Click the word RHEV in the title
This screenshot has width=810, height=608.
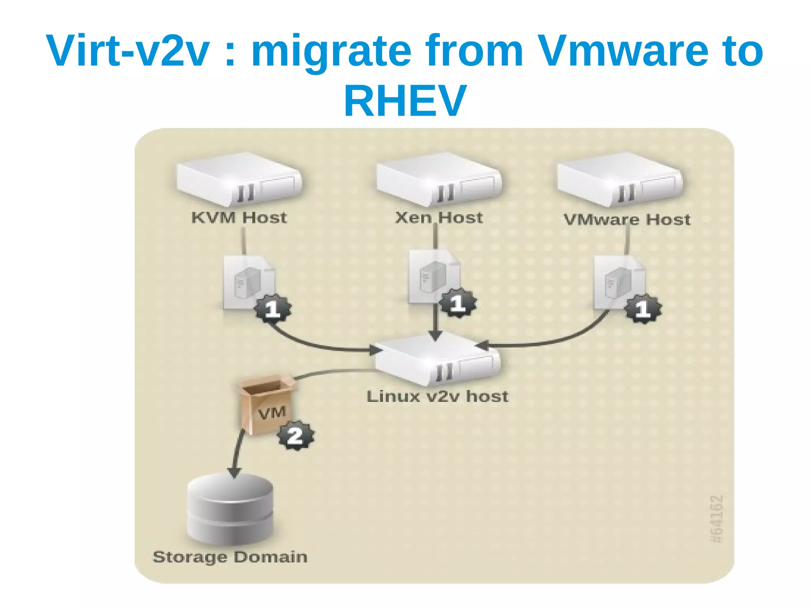coord(405,101)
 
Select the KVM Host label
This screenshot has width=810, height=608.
coord(239,218)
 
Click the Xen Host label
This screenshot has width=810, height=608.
coord(439,218)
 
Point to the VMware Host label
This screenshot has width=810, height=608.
coord(627,220)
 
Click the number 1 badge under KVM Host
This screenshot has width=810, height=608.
coord(273,309)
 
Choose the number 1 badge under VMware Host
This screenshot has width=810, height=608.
coord(643,309)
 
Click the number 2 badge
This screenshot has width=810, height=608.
coord(296,436)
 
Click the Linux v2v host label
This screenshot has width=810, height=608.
coord(437,396)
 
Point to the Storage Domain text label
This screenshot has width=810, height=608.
coord(230,557)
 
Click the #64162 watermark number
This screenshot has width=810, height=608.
coord(717,519)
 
